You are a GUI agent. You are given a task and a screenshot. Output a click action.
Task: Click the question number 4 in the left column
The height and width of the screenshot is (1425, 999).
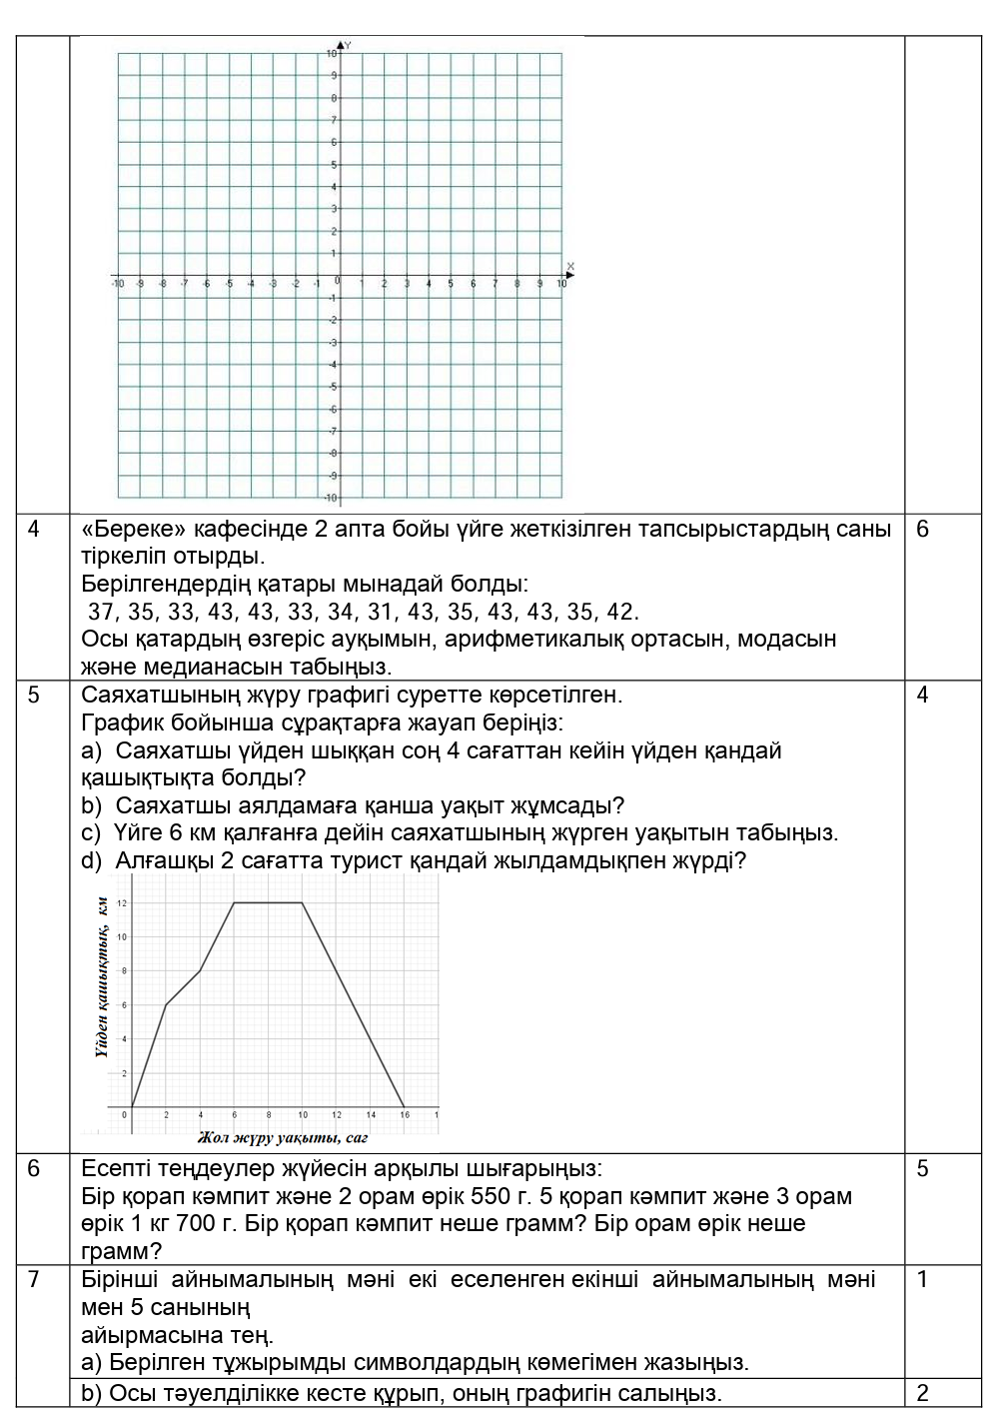(34, 530)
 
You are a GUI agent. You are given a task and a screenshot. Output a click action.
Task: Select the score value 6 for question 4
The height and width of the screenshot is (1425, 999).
(922, 530)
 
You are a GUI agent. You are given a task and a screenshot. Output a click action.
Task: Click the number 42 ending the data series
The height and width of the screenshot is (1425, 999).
(622, 612)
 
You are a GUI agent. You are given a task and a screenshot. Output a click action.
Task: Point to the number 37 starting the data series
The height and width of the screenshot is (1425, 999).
(103, 612)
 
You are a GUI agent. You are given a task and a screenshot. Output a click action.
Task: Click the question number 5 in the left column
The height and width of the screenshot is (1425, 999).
(34, 695)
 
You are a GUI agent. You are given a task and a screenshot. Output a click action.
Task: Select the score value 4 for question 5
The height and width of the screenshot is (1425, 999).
(922, 695)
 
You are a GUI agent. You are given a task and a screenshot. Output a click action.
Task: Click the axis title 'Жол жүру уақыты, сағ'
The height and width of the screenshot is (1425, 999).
(284, 1137)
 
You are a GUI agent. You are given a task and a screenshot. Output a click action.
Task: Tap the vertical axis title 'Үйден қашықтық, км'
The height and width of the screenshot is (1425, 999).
(102, 976)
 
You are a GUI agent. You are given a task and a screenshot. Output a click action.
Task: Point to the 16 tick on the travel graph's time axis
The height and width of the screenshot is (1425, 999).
(404, 1114)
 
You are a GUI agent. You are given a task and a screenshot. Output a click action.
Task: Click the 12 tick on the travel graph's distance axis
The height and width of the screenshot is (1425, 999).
(121, 903)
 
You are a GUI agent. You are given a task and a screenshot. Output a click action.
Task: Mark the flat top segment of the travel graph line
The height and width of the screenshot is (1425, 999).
(268, 903)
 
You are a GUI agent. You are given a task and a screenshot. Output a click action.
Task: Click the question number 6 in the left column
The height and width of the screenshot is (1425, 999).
(34, 1168)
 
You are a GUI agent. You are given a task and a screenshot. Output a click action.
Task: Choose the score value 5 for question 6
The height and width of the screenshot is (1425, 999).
(922, 1168)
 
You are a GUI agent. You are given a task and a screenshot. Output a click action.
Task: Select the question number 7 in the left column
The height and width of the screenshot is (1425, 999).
(34, 1279)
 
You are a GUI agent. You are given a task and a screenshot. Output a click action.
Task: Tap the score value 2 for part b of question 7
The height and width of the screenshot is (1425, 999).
(922, 1393)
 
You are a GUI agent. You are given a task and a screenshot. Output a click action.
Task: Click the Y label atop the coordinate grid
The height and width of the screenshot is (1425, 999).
(349, 46)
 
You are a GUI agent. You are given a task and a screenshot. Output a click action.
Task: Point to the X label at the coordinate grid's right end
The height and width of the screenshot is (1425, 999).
(570, 266)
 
